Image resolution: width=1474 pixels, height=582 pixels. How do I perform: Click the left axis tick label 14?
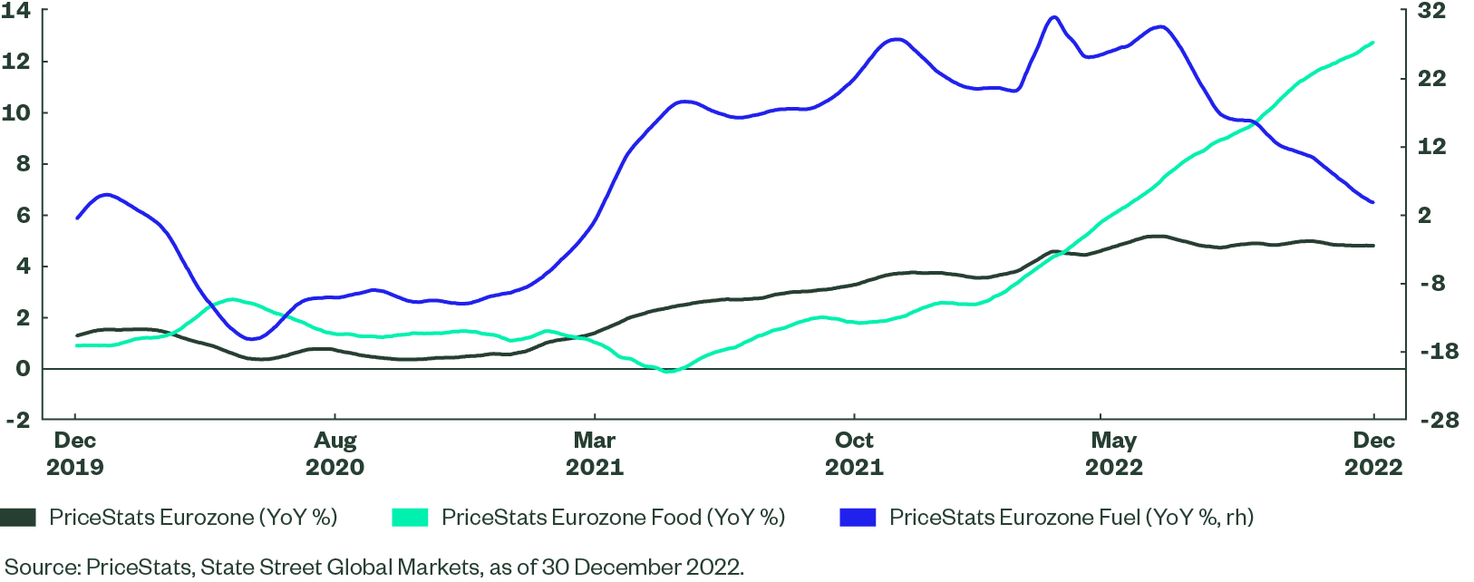17,11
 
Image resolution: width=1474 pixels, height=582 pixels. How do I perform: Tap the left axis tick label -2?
17,420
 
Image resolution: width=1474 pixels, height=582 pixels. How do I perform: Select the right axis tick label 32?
1432,11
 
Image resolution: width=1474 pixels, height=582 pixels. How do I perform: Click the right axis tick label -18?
1439,352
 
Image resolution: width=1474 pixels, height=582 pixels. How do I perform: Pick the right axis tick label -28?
1439,420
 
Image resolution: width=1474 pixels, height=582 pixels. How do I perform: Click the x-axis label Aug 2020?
335,453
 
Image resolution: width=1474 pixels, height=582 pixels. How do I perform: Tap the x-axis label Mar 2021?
595,453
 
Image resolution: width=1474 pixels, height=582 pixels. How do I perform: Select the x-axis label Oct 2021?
854,453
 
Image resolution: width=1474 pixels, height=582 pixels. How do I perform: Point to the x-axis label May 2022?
1114,453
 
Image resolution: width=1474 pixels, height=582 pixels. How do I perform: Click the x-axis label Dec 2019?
74,453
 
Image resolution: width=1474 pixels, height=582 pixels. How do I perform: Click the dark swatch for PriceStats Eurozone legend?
18,517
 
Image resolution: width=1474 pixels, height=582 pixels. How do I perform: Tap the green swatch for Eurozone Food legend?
410,517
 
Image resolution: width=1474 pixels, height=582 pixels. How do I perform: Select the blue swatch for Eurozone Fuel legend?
858,517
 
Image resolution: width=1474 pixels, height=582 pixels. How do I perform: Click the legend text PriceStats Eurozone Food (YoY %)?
613,517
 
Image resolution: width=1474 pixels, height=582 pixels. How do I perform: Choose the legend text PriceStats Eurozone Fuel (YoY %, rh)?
1072,517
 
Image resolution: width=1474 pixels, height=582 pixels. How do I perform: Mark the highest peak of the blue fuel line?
1052,17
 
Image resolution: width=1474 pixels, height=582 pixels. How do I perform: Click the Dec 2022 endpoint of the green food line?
1373,43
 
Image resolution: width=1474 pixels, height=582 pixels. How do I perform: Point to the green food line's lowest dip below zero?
668,372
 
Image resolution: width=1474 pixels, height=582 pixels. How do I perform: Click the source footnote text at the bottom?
373,567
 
